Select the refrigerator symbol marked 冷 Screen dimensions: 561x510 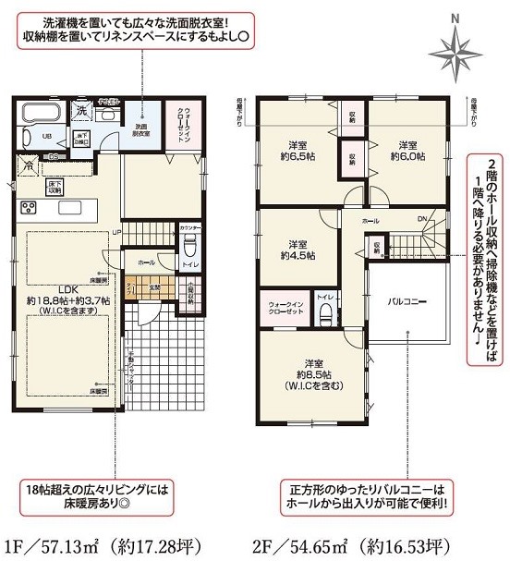pyautogui.click(x=29, y=166)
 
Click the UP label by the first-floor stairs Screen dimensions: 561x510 pyautogui.click(x=117, y=232)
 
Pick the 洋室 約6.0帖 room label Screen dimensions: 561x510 pyautogui.click(x=410, y=151)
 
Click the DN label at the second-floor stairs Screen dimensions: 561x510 pyautogui.click(x=421, y=219)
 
